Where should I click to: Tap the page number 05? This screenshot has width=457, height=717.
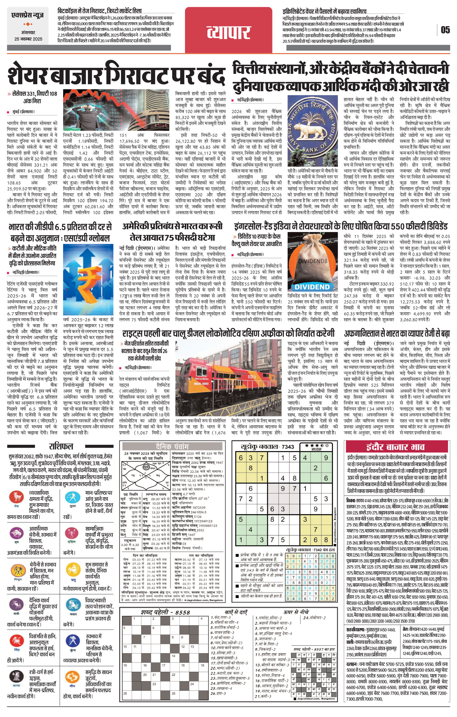coord(445,30)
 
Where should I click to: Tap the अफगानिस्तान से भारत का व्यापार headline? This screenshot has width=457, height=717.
coord(397,333)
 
